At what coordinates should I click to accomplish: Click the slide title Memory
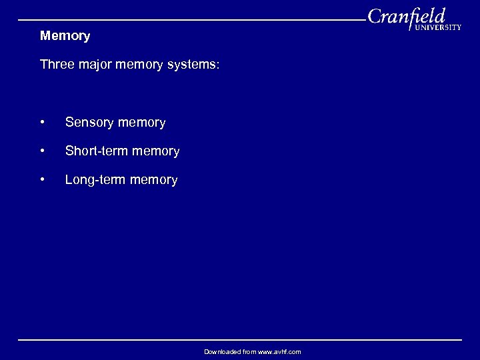pyautogui.click(x=65, y=35)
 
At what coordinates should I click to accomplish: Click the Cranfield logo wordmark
pyautogui.click(x=407, y=16)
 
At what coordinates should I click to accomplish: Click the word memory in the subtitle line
pyautogui.click(x=141, y=65)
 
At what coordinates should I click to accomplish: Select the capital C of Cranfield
pyautogui.click(x=375, y=17)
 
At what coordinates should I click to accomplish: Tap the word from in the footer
pyautogui.click(x=249, y=351)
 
